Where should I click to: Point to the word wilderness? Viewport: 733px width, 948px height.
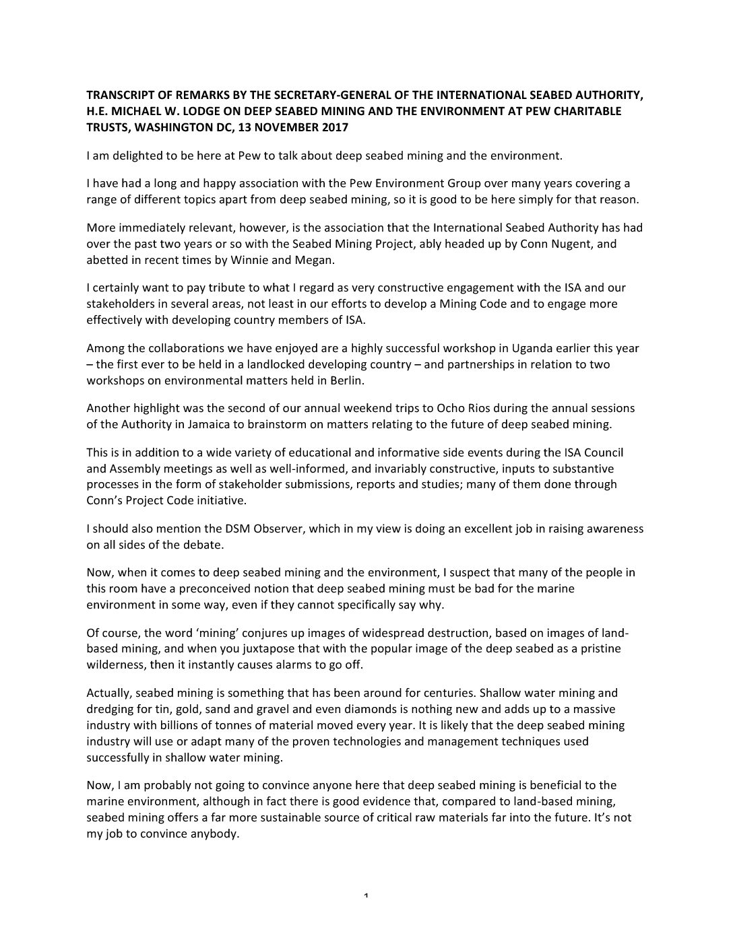(115, 664)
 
